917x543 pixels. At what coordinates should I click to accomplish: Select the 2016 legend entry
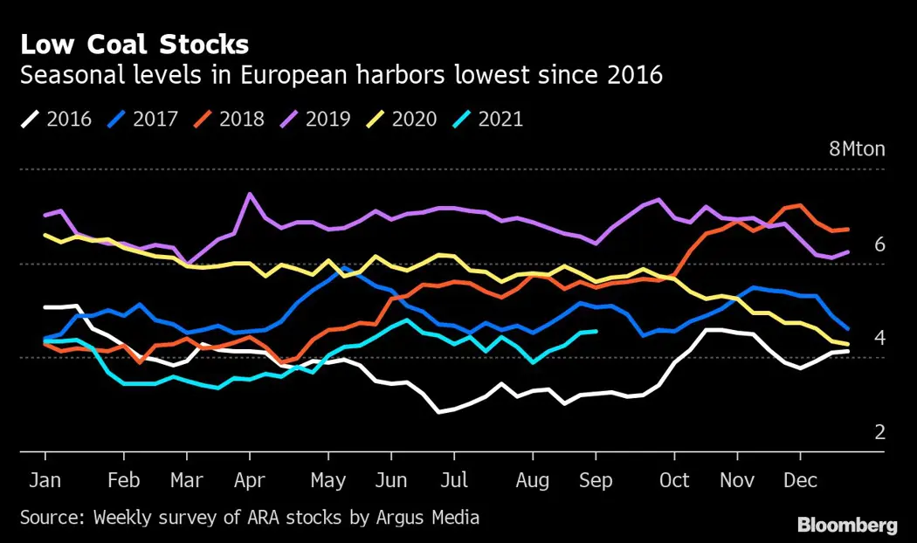tap(57, 119)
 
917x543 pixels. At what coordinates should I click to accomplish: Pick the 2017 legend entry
tap(143, 119)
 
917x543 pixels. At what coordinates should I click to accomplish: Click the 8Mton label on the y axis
tap(857, 148)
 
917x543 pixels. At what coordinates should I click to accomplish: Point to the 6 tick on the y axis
tap(879, 244)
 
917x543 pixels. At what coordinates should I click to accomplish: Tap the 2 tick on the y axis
tap(879, 432)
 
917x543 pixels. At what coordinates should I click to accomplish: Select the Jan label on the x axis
tap(45, 481)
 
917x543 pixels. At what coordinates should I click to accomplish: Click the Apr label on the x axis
tap(250, 481)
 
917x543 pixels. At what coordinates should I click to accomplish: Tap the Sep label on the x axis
tap(596, 481)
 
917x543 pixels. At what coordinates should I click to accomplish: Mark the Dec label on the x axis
tap(800, 481)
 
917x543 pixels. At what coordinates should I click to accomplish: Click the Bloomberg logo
tap(847, 525)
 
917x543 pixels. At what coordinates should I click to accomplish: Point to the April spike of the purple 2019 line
tap(250, 194)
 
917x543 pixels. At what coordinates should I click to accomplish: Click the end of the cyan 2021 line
tap(596, 331)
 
